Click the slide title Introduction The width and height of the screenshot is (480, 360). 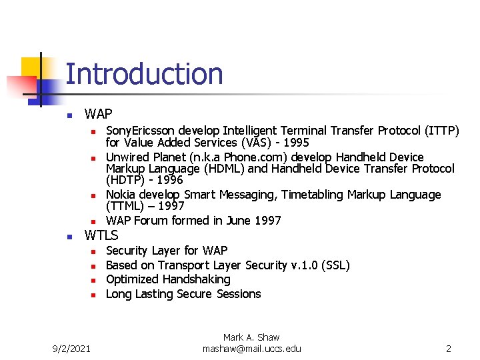pyautogui.click(x=144, y=74)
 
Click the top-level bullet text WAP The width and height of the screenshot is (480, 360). pyautogui.click(x=99, y=114)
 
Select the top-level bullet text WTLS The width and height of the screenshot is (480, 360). pyautogui.click(x=101, y=235)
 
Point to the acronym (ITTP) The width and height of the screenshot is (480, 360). pyautogui.click(x=439, y=131)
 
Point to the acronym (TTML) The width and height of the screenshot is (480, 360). pyautogui.click(x=127, y=206)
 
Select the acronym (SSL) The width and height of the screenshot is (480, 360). pyautogui.click(x=335, y=265)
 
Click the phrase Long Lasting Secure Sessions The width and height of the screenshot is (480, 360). pyautogui.click(x=183, y=294)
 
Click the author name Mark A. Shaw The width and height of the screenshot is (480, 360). pyautogui.click(x=251, y=338)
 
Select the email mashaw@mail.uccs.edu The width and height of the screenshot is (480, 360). pyautogui.click(x=251, y=349)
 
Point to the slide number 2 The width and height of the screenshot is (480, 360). pyautogui.click(x=449, y=349)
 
